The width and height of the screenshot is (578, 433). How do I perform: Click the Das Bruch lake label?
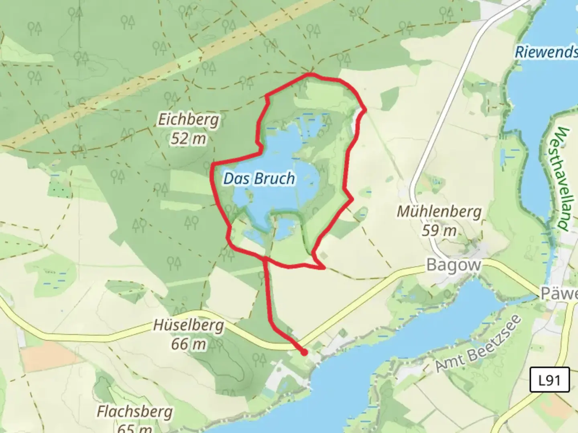click(259, 179)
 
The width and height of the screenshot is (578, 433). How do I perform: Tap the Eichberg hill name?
click(188, 119)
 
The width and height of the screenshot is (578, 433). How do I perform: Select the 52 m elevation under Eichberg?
click(188, 139)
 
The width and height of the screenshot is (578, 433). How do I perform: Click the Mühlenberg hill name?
click(439, 211)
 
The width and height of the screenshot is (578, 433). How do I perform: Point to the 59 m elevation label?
click(439, 231)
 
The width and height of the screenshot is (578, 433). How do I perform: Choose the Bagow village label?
click(454, 265)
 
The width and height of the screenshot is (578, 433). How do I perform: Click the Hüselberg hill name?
click(188, 325)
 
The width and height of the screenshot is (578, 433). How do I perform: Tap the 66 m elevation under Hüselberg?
click(188, 344)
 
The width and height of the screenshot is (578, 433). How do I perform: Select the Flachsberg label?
click(135, 412)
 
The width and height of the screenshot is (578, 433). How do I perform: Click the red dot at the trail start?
click(304, 352)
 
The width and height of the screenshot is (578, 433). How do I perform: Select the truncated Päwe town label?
click(559, 293)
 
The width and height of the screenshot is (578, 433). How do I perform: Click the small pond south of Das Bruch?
click(284, 229)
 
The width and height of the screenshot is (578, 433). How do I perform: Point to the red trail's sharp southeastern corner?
click(324, 267)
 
